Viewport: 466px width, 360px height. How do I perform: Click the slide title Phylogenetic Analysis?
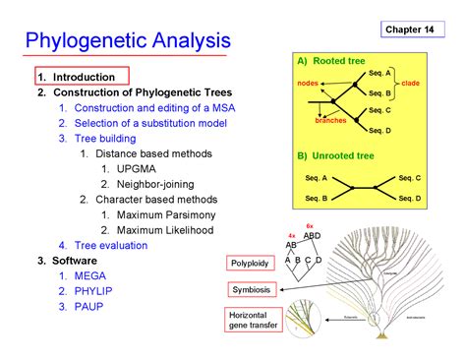point(128,41)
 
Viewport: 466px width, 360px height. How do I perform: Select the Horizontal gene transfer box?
point(254,321)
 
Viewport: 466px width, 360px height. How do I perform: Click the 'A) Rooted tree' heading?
point(330,63)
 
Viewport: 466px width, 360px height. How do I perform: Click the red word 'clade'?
point(410,84)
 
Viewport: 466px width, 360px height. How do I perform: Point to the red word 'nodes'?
point(307,84)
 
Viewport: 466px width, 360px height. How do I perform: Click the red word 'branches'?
point(330,120)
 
